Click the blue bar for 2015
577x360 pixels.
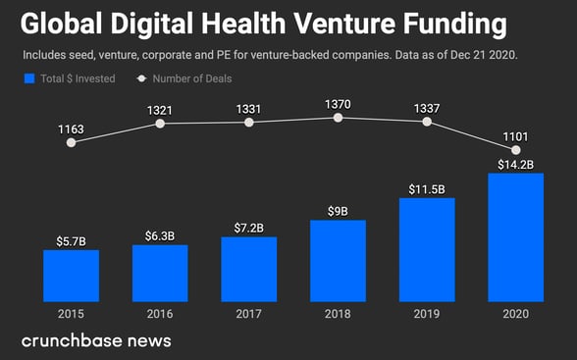click(x=71, y=276)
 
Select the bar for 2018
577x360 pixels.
click(x=338, y=261)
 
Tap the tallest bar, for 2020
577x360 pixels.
click(x=515, y=237)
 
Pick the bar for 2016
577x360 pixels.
click(x=160, y=273)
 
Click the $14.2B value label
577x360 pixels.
click(x=515, y=165)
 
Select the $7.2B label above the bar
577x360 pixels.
click(x=249, y=228)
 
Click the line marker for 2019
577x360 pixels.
click(x=427, y=122)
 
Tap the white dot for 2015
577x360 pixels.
click(x=71, y=142)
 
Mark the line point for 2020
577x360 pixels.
click(x=515, y=149)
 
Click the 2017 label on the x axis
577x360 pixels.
click(x=249, y=314)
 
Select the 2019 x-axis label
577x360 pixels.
click(x=427, y=314)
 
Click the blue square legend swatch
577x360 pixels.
click(x=29, y=77)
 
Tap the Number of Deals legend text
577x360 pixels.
click(x=192, y=77)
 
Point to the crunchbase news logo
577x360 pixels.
click(x=96, y=340)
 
